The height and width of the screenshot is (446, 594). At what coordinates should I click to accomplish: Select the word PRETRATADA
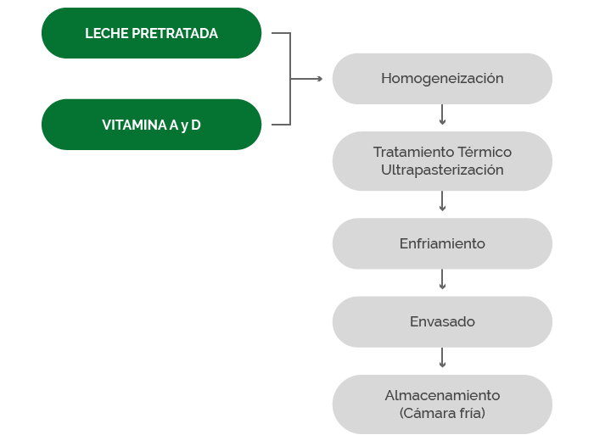[x=175, y=33]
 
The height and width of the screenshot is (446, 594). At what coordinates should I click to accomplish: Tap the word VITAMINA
[x=134, y=125]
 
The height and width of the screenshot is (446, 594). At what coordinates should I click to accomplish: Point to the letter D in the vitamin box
[x=195, y=125]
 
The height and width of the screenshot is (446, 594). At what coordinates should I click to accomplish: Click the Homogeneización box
[x=442, y=79]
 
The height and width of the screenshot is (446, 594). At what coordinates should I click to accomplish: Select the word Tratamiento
[x=414, y=152]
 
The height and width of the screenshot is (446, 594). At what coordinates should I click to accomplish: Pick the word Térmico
[x=485, y=152]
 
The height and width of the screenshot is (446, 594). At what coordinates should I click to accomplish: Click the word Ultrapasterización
[x=442, y=170]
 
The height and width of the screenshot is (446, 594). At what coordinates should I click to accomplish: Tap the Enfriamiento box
[x=442, y=243]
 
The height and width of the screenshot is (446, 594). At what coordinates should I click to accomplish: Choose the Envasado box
[x=442, y=322]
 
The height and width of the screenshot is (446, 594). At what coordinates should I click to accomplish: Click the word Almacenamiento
[x=442, y=395]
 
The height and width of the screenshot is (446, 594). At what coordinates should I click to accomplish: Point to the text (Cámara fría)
[x=442, y=413]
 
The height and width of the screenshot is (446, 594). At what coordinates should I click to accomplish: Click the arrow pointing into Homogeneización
[x=306, y=79]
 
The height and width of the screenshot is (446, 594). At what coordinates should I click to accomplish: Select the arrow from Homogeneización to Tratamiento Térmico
[x=442, y=114]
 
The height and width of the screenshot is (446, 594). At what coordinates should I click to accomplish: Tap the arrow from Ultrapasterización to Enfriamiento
[x=442, y=201]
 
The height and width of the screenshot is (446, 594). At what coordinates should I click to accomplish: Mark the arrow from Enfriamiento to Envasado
[x=442, y=280]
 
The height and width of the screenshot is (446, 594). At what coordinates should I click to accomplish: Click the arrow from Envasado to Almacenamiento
[x=442, y=358]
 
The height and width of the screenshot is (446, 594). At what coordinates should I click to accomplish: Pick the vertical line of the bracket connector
[x=290, y=79]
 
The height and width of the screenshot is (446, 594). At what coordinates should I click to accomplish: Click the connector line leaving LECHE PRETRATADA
[x=281, y=33]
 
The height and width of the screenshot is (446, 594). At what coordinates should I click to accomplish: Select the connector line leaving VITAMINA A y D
[x=281, y=124]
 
